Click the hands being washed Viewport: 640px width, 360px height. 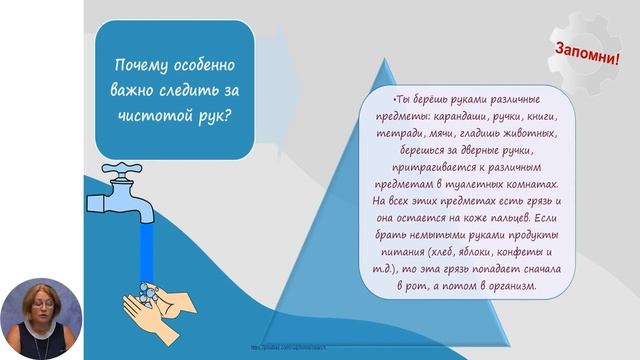click(x=162, y=299)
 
